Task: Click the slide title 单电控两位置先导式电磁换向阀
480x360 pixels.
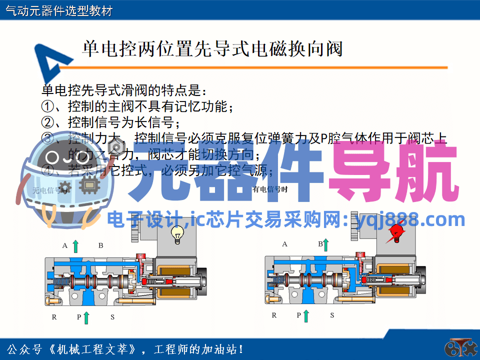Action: pyautogui.click(x=212, y=49)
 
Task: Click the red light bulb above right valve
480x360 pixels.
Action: pyautogui.click(x=396, y=233)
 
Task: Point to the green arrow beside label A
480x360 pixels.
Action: pyautogui.click(x=75, y=245)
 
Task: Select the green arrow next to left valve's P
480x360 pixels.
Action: pyautogui.click(x=86, y=317)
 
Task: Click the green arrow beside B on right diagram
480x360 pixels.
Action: pyautogui.click(x=325, y=244)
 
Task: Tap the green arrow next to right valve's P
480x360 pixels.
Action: pyautogui.click(x=305, y=315)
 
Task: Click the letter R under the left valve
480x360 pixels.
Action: pyautogui.click(x=54, y=317)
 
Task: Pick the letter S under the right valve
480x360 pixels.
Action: pyautogui.click(x=332, y=315)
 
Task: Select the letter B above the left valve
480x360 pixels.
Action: pyautogui.click(x=100, y=245)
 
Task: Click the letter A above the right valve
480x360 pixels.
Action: pyautogui.click(x=284, y=244)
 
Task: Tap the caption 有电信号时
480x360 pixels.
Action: pyautogui.click(x=270, y=189)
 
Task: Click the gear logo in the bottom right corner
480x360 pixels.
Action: pyautogui.click(x=458, y=348)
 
